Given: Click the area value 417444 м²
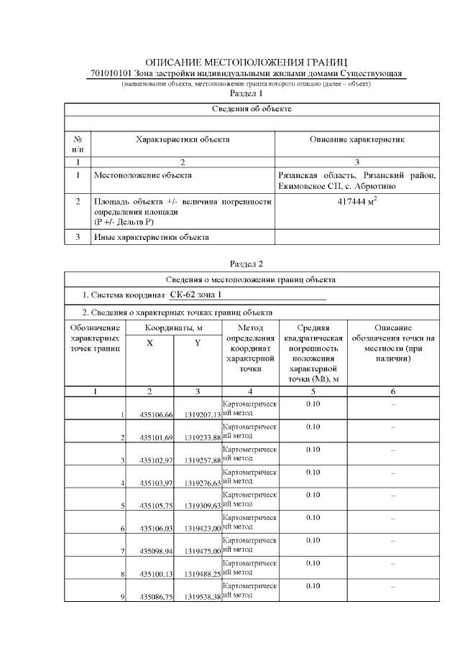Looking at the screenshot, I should (357, 203).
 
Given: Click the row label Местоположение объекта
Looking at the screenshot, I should (142, 175).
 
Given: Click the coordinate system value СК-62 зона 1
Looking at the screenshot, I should (195, 295).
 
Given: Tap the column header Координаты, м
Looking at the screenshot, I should (174, 328).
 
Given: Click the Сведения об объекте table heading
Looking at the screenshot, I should (252, 109).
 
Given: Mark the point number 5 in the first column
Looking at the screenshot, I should (123, 506).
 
